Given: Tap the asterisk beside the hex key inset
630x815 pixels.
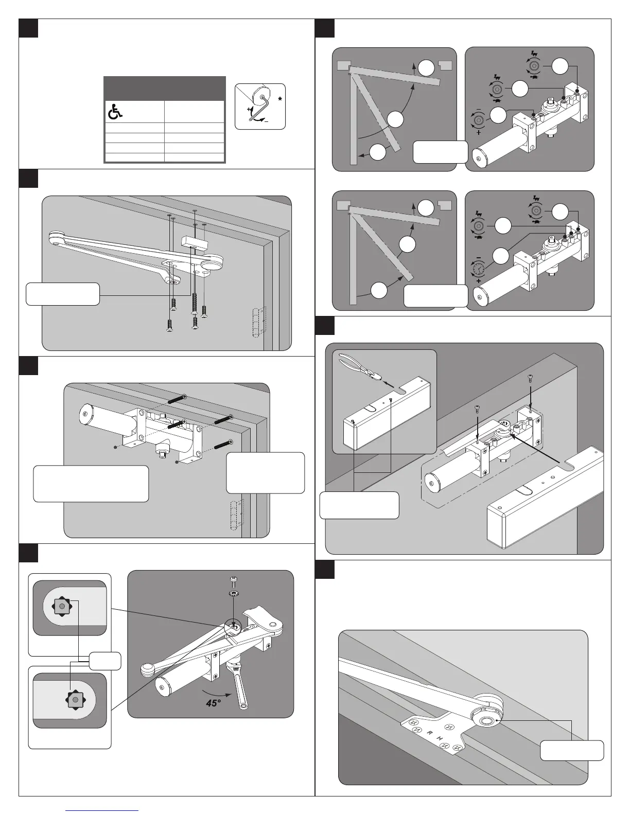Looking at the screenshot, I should point(279,98).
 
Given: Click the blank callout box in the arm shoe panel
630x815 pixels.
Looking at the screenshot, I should point(571,750).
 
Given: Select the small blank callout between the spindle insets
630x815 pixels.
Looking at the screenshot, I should point(105,661).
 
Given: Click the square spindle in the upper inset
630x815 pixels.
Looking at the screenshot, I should point(62,607).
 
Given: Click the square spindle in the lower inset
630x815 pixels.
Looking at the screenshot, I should point(76,700).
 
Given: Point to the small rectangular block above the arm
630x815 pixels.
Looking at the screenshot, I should point(194,240).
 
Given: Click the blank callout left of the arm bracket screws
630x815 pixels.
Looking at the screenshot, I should point(62,294).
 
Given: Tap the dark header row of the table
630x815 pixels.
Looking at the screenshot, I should point(165,88).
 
